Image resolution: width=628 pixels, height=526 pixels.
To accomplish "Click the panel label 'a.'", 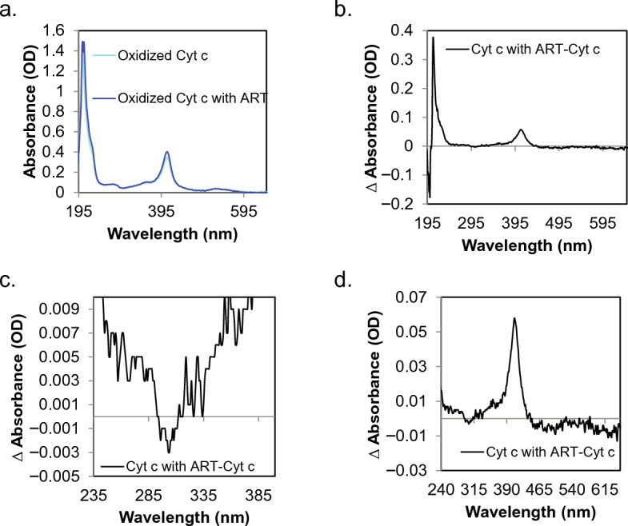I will point(10,10).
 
